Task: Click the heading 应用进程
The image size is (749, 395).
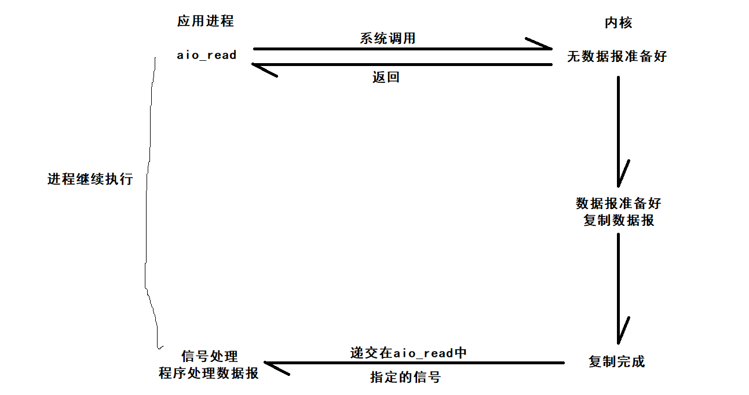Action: click(206, 21)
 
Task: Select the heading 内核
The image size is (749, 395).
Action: click(618, 23)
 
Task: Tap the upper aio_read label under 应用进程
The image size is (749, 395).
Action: click(207, 55)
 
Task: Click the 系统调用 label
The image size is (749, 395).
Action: click(388, 38)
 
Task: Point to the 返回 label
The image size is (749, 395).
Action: click(386, 77)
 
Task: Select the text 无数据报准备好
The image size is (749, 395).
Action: click(617, 57)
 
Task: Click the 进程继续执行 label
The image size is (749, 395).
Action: click(90, 179)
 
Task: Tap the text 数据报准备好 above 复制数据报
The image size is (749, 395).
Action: click(618, 203)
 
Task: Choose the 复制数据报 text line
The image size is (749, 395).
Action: click(618, 220)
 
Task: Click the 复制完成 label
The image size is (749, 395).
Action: click(616, 362)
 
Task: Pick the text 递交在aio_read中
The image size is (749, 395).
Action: click(408, 353)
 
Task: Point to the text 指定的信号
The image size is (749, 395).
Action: click(405, 377)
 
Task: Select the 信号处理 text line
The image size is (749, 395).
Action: click(209, 356)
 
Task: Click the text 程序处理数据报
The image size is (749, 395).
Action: click(209, 373)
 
